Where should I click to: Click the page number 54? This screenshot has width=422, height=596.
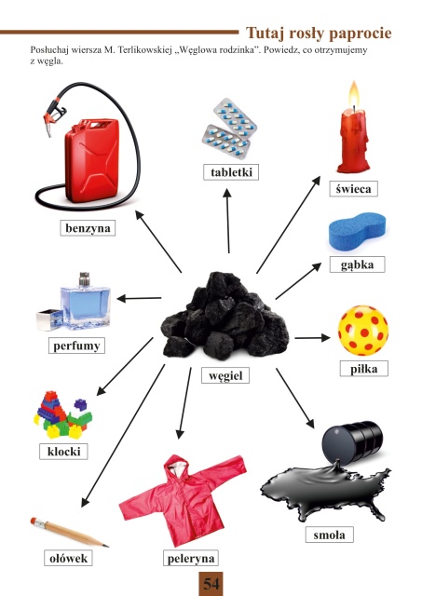pyautogui.click(x=211, y=584)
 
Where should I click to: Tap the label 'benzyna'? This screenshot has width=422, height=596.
pyautogui.click(x=88, y=228)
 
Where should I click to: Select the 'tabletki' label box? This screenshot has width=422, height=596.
pyautogui.click(x=231, y=172)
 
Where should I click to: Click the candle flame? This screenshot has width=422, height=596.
pyautogui.click(x=354, y=95)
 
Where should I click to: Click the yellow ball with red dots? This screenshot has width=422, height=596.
pyautogui.click(x=363, y=330)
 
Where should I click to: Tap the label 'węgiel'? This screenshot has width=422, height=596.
pyautogui.click(x=225, y=375)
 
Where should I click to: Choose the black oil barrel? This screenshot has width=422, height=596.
pyautogui.click(x=352, y=442)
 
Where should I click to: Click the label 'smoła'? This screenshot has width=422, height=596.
pyautogui.click(x=330, y=535)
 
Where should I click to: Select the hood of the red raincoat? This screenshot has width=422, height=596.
pyautogui.click(x=177, y=466)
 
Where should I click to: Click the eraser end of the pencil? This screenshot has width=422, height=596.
pyautogui.click(x=34, y=521)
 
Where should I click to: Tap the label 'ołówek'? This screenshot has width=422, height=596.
pyautogui.click(x=68, y=558)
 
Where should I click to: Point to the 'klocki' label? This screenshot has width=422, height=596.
pyautogui.click(x=63, y=452)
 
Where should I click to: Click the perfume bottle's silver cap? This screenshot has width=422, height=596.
pyautogui.click(x=85, y=279)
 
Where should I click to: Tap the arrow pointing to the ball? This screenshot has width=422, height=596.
pyautogui.click(x=312, y=337)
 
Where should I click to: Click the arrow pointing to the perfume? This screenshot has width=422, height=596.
pyautogui.click(x=139, y=298)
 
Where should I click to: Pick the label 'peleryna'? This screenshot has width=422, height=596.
pyautogui.click(x=191, y=558)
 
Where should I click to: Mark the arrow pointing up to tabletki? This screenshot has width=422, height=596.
pyautogui.click(x=227, y=221)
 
